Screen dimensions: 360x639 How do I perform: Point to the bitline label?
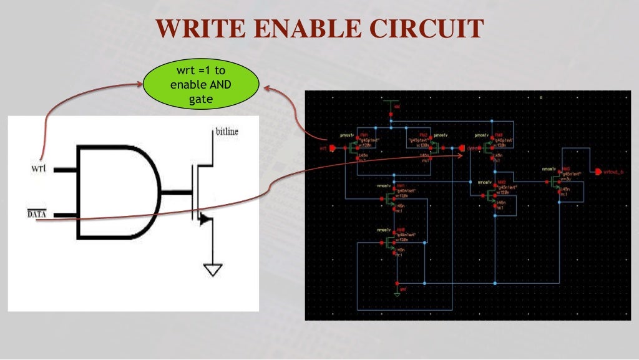[227, 132]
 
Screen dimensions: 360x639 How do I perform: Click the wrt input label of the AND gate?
[38, 168]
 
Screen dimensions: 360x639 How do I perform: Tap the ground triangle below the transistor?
[213, 270]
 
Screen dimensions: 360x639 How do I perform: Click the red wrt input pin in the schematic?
[331, 148]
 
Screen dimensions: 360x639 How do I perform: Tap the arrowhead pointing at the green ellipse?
[266, 89]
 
